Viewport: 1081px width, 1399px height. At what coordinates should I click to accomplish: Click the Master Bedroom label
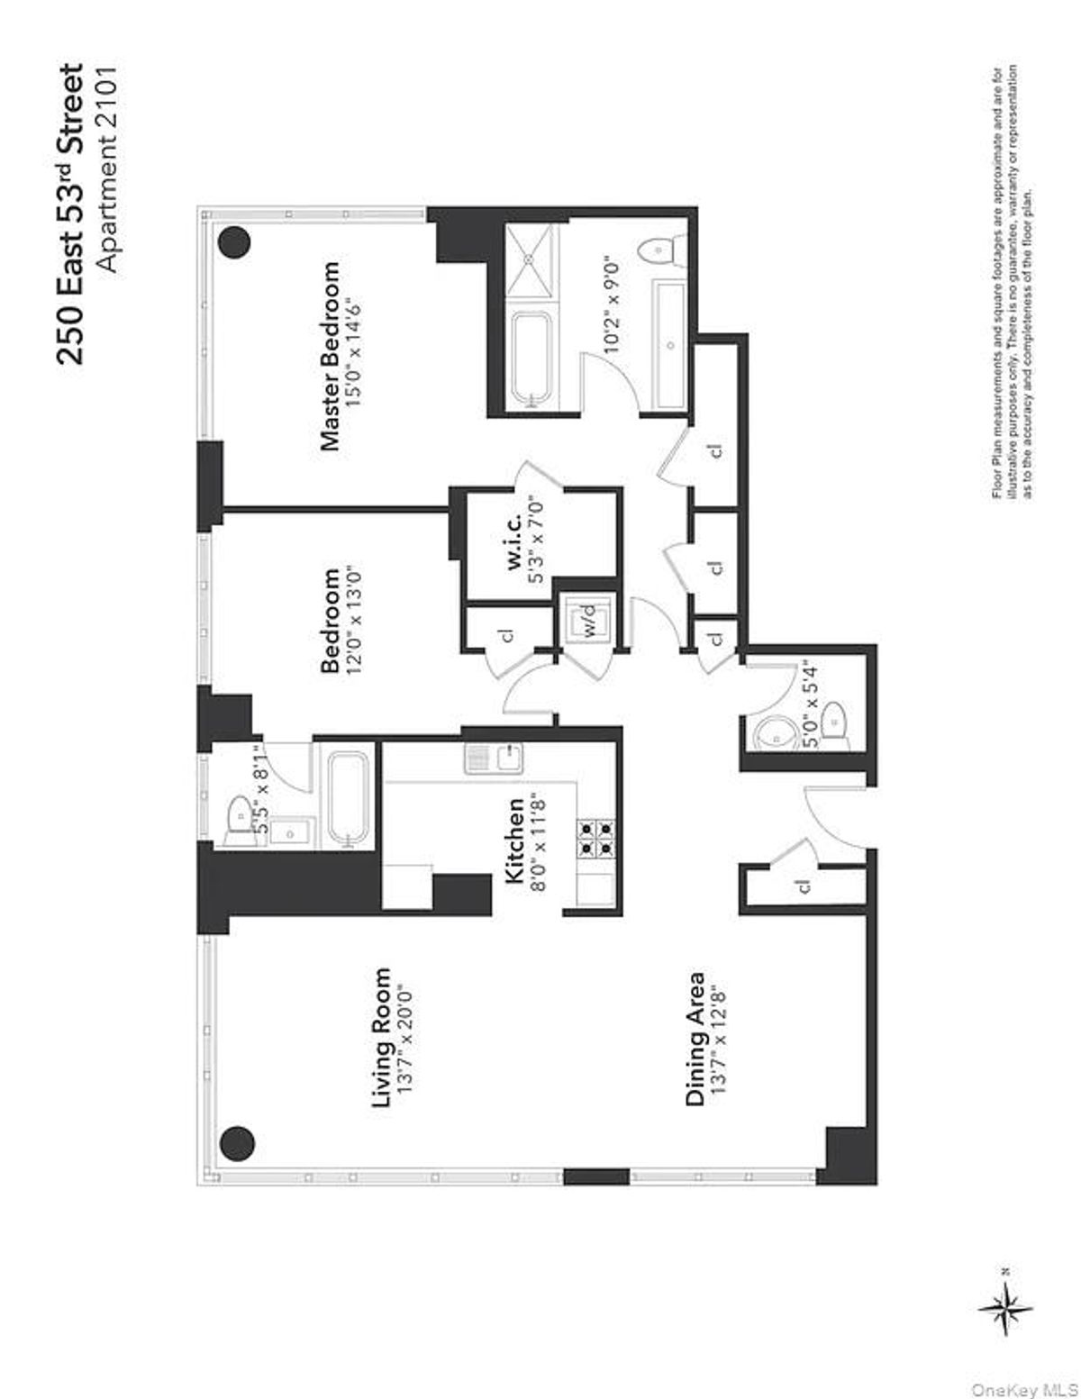pyautogui.click(x=332, y=356)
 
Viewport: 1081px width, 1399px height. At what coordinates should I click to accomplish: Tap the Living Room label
pyautogui.click(x=382, y=1038)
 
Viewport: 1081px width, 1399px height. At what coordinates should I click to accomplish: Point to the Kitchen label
pyautogui.click(x=515, y=841)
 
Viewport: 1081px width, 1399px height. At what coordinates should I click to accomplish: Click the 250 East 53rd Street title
pyautogui.click(x=70, y=213)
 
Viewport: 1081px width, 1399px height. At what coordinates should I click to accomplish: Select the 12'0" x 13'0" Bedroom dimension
pyautogui.click(x=356, y=620)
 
